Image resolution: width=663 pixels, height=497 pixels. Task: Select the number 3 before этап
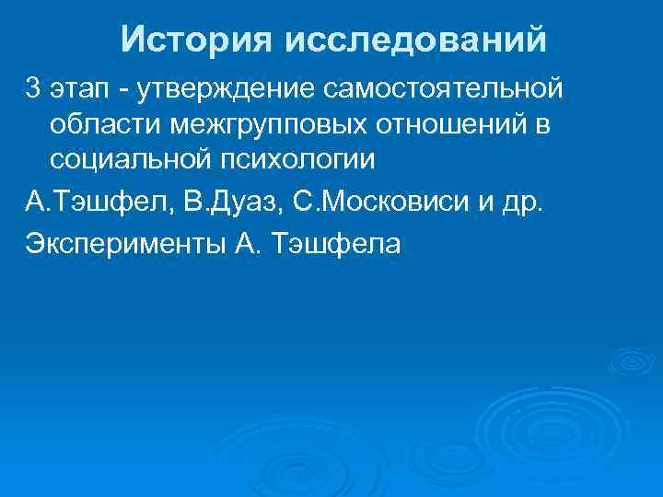coord(34,89)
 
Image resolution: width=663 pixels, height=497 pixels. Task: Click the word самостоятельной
coord(442,89)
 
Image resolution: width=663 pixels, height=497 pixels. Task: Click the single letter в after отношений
coord(539,124)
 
